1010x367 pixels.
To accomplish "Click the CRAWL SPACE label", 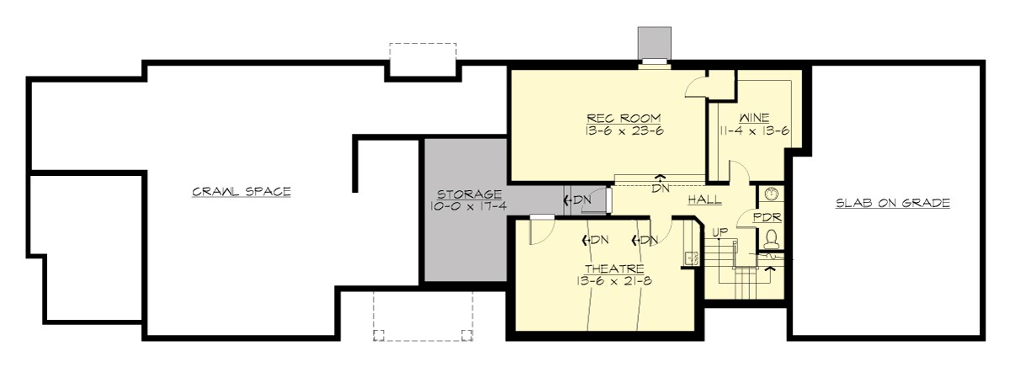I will point(241,192).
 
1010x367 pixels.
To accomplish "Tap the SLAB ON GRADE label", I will point(893,203).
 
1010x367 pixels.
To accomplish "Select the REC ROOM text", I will point(624,118).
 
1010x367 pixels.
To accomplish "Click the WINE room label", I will point(755,118).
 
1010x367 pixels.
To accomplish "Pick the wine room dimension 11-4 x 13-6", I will point(755,130).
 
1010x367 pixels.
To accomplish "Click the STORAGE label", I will point(464,194).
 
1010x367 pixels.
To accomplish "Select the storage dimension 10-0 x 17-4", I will point(464,206).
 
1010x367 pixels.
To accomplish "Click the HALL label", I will point(704,200).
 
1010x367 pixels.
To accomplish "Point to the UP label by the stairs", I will point(720,231).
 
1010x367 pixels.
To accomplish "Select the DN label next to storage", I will point(579,200).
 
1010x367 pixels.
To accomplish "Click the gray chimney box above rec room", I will point(654,41).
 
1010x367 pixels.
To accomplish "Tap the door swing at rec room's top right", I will point(697,87).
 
